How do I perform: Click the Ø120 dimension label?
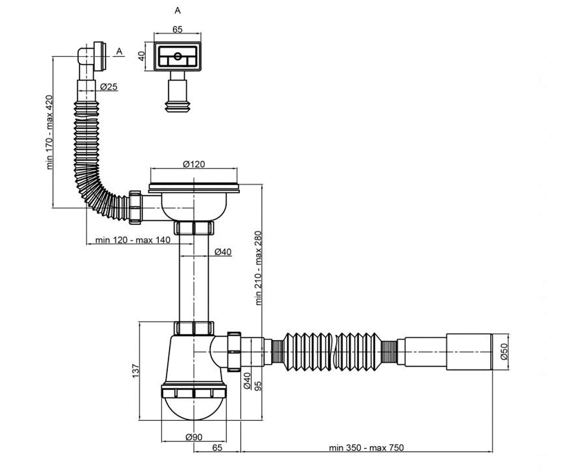pyautogui.click(x=193, y=164)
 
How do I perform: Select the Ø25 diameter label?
pyautogui.click(x=109, y=87)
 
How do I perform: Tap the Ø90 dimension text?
pyautogui.click(x=194, y=437)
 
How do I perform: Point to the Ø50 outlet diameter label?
pyautogui.click(x=504, y=351)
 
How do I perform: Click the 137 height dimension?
pyautogui.click(x=135, y=371)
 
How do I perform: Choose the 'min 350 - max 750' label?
pyautogui.click(x=366, y=448)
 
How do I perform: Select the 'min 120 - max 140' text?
pyautogui.click(x=133, y=240)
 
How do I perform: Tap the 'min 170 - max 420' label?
pyautogui.click(x=49, y=132)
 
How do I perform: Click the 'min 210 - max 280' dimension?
pyautogui.click(x=258, y=268)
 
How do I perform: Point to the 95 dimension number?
pyautogui.click(x=258, y=386)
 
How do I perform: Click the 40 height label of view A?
pyautogui.click(x=141, y=56)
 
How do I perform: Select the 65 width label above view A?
pyautogui.click(x=178, y=29)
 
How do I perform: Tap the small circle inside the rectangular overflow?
pyautogui.click(x=178, y=57)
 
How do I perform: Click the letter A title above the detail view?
pyautogui.click(x=178, y=10)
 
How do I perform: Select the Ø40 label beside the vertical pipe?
pyautogui.click(x=223, y=252)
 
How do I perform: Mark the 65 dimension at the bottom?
pyautogui.click(x=217, y=447)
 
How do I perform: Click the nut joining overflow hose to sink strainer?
pyautogui.click(x=135, y=208)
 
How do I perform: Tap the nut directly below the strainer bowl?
pyautogui.click(x=194, y=228)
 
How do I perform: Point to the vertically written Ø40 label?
pyautogui.click(x=247, y=380)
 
